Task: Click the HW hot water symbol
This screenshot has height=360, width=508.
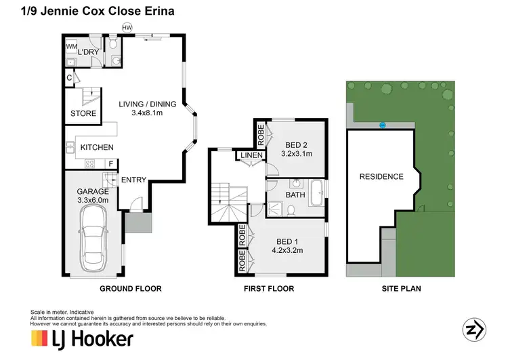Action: click(x=127, y=27)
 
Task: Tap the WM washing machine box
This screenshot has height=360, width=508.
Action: click(x=70, y=47)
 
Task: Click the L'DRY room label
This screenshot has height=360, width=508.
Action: click(x=89, y=52)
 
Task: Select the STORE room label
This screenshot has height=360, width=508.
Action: click(x=83, y=113)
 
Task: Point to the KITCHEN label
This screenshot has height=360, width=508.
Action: click(x=97, y=147)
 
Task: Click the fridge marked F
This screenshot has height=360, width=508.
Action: click(x=111, y=163)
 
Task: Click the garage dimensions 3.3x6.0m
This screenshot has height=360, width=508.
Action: click(x=93, y=201)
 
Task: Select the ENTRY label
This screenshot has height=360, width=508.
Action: click(x=133, y=180)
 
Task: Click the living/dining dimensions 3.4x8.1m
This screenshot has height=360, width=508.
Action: click(x=147, y=113)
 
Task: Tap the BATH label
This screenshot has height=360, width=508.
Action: click(x=295, y=195)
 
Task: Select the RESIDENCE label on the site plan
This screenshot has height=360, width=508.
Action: click(x=381, y=177)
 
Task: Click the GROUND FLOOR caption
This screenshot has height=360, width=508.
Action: click(x=131, y=289)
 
